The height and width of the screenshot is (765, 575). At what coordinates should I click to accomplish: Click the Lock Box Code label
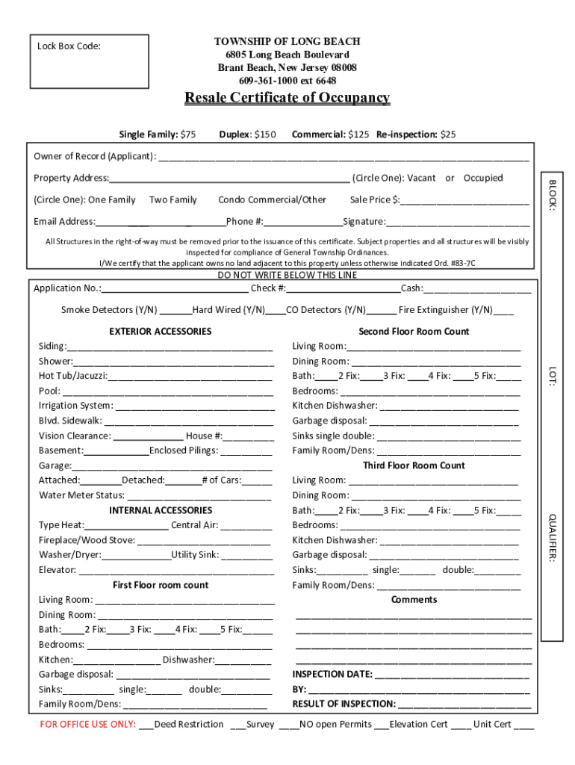pos(69,46)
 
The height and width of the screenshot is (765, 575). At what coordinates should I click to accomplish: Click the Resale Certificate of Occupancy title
pos(287,98)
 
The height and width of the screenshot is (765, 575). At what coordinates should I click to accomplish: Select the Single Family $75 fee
pos(158,134)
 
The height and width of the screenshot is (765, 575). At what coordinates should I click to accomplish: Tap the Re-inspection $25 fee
pos(416,134)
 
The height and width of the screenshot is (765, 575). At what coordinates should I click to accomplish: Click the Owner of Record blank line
pos(343,158)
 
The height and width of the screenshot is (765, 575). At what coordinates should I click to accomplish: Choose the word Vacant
pos(421,178)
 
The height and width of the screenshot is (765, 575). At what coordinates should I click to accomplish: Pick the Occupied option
pos(483,178)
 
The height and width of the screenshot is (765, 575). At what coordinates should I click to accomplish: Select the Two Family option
pos(173,199)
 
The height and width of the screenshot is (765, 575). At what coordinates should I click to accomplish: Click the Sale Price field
pos(464,200)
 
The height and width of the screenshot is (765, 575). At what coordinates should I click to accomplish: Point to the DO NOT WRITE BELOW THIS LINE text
pos(287,275)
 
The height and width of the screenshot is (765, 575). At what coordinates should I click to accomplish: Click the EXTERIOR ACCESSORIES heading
pos(160,331)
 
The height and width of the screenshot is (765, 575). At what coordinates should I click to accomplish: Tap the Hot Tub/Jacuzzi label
pos(72,376)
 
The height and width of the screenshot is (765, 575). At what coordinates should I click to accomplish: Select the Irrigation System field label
pos(75,406)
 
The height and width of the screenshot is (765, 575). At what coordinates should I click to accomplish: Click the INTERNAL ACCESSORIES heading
pos(161,510)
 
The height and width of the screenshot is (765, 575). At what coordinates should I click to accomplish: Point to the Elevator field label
pos(57,570)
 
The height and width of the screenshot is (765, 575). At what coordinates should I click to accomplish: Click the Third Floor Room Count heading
pos(414,465)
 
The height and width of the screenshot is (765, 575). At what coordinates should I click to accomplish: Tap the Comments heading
pos(414,600)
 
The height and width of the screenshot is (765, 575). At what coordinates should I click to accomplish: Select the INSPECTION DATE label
pos(332,674)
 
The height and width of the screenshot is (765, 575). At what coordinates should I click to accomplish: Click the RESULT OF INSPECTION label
pos(344,704)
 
